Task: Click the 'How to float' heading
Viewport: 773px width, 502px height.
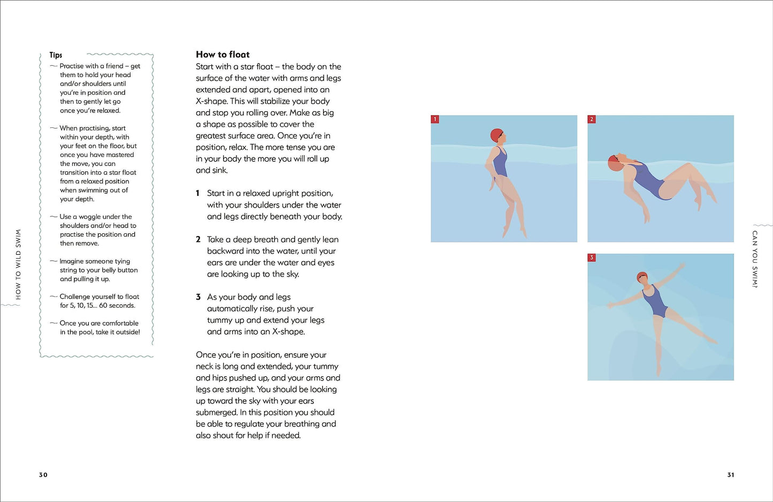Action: (x=223, y=54)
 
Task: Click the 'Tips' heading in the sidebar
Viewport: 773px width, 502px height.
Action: (x=56, y=55)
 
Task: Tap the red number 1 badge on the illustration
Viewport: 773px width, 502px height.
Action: (x=435, y=119)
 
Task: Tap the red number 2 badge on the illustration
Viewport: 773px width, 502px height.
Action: (x=592, y=119)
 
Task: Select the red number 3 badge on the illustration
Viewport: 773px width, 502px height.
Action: (x=592, y=257)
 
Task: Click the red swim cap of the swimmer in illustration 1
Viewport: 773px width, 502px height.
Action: (x=496, y=134)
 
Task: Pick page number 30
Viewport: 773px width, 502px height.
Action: (x=43, y=475)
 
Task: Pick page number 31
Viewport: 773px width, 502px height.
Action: (x=731, y=475)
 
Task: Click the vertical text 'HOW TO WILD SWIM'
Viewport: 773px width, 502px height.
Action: (x=18, y=264)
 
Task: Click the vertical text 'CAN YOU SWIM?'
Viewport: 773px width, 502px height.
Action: (x=755, y=259)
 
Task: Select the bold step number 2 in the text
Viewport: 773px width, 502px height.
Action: (x=198, y=239)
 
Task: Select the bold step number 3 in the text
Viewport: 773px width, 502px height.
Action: (x=198, y=297)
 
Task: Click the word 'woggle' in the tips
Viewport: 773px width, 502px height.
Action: (x=89, y=217)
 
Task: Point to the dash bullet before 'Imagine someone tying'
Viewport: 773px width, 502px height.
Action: (x=53, y=261)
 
